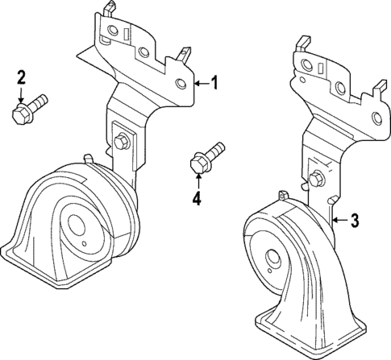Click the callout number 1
point(214,82)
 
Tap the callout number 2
point(22,77)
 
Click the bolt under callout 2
point(27,109)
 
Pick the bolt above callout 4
point(206,157)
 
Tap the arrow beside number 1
point(202,82)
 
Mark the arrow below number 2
point(22,92)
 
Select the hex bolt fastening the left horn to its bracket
point(120,143)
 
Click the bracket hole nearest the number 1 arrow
point(181,83)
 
